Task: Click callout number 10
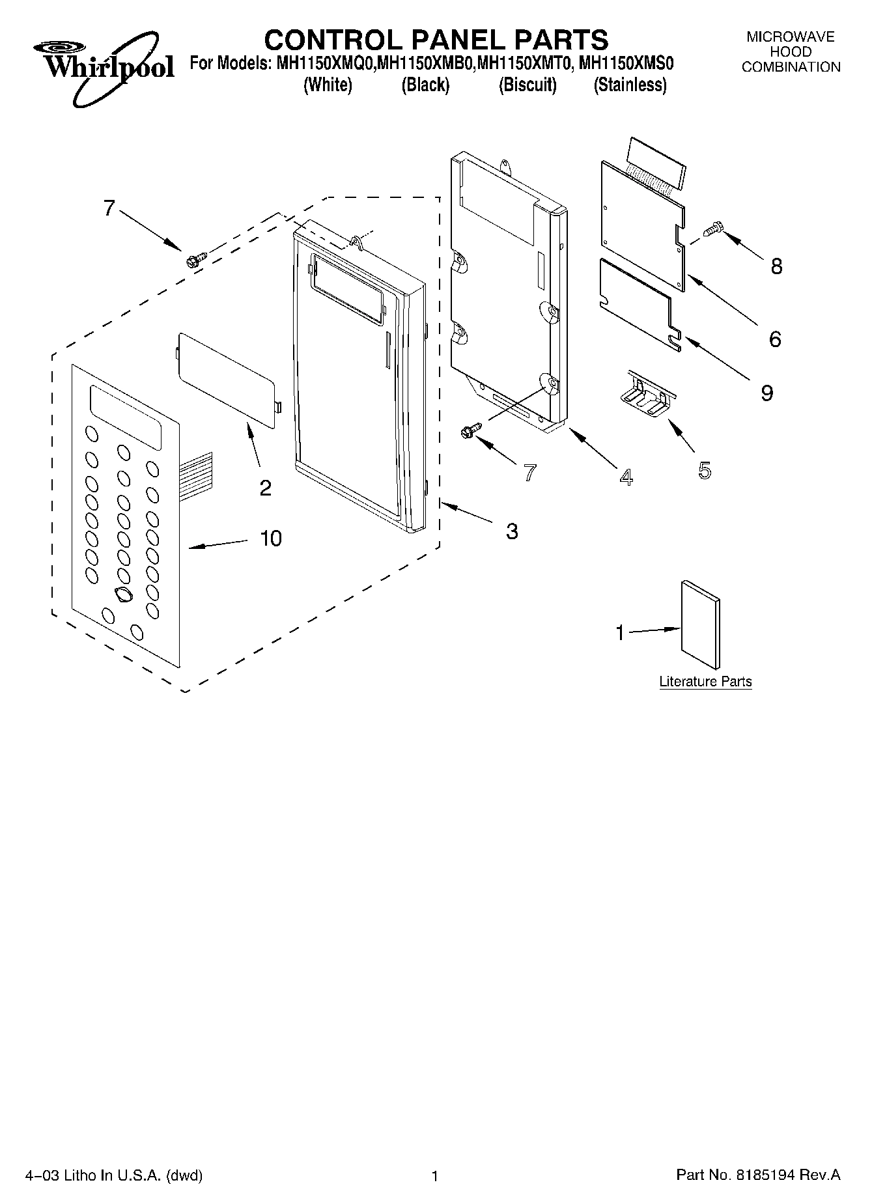(271, 539)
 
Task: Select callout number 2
(265, 488)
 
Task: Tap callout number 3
(512, 531)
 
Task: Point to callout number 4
(625, 477)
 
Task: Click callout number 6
(774, 339)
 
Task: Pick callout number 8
(776, 266)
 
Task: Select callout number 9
(767, 393)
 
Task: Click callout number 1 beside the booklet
(620, 632)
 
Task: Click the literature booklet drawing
(700, 624)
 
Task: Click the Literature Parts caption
(705, 682)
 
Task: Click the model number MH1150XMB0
(427, 64)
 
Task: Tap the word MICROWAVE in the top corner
(790, 37)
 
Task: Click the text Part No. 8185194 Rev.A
(758, 1175)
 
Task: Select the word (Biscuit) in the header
(527, 85)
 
